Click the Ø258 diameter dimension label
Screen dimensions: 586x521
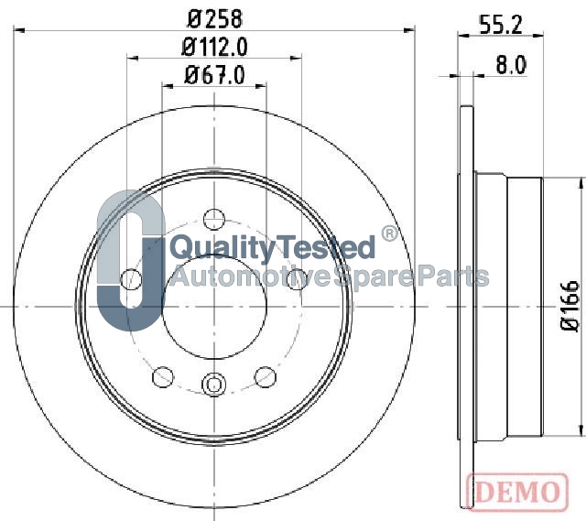click(214, 18)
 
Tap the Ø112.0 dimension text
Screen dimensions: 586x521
click(214, 48)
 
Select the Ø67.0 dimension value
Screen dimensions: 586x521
click(214, 75)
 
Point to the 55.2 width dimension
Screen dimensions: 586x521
click(501, 25)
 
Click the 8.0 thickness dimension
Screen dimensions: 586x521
click(511, 65)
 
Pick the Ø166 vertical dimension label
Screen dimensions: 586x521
click(570, 305)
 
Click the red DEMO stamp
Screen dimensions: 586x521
click(517, 491)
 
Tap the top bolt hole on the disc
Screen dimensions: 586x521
click(214, 220)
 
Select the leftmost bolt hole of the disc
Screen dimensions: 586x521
click(131, 279)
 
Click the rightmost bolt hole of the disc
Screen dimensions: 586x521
click(297, 279)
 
